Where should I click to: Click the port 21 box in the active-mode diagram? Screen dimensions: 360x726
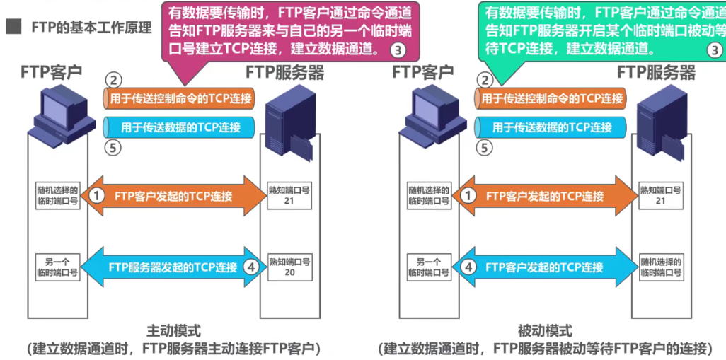pos(289,196)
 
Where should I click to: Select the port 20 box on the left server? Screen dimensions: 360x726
pos(289,267)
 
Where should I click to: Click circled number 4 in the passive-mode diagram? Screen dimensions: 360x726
pos(468,267)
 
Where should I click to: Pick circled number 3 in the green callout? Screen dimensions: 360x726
pos(715,50)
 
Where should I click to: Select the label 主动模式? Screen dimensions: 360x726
pos(173,331)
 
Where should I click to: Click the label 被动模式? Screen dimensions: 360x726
pos(545,331)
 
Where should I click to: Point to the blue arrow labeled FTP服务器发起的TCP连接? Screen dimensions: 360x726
pos(173,267)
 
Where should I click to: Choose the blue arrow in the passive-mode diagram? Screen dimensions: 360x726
pos(544,267)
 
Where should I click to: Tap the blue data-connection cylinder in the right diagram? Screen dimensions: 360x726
pos(551,127)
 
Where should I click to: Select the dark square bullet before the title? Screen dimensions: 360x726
pos(13,28)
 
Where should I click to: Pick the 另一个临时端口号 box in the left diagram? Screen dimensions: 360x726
pos(58,267)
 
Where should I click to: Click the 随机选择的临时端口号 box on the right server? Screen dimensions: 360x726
pos(661,267)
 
